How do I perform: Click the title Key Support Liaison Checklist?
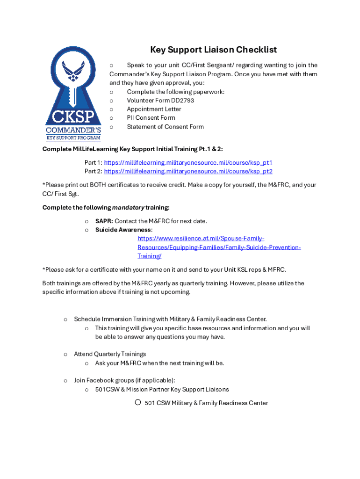click(213, 50)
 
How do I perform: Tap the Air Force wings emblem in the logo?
click(73, 73)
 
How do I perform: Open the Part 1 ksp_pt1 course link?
click(188, 163)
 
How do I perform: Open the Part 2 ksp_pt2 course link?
click(188, 171)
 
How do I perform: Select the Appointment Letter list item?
click(154, 109)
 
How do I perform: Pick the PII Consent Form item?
click(151, 118)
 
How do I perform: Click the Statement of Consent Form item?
click(165, 127)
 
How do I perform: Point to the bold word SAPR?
click(104, 221)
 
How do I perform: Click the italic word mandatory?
click(128, 207)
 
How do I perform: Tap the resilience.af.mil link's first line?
click(201, 239)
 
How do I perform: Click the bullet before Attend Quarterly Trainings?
click(65, 354)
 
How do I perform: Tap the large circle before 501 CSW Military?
click(138, 402)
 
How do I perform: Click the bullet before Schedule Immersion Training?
click(65, 319)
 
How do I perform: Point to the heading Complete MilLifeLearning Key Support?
click(132, 149)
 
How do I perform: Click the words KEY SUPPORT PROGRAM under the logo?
click(73, 138)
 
